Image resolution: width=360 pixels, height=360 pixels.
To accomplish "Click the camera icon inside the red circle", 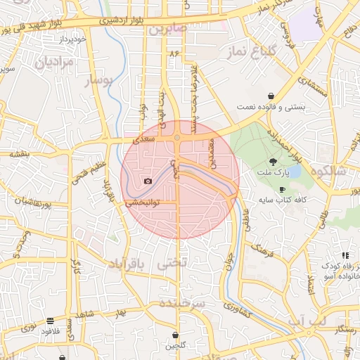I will (x=148, y=181).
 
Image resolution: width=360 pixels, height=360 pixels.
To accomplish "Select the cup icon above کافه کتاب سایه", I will (x=282, y=190).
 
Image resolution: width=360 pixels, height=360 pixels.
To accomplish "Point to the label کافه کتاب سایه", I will (x=283, y=200).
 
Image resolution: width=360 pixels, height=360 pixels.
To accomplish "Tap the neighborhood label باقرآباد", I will (x=129, y=264).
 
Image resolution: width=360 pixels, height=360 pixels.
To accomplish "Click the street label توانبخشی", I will (x=144, y=202).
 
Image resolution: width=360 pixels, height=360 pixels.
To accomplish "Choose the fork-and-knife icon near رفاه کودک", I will (x=345, y=255).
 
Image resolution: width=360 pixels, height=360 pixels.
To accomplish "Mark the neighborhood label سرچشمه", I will (x=181, y=303).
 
